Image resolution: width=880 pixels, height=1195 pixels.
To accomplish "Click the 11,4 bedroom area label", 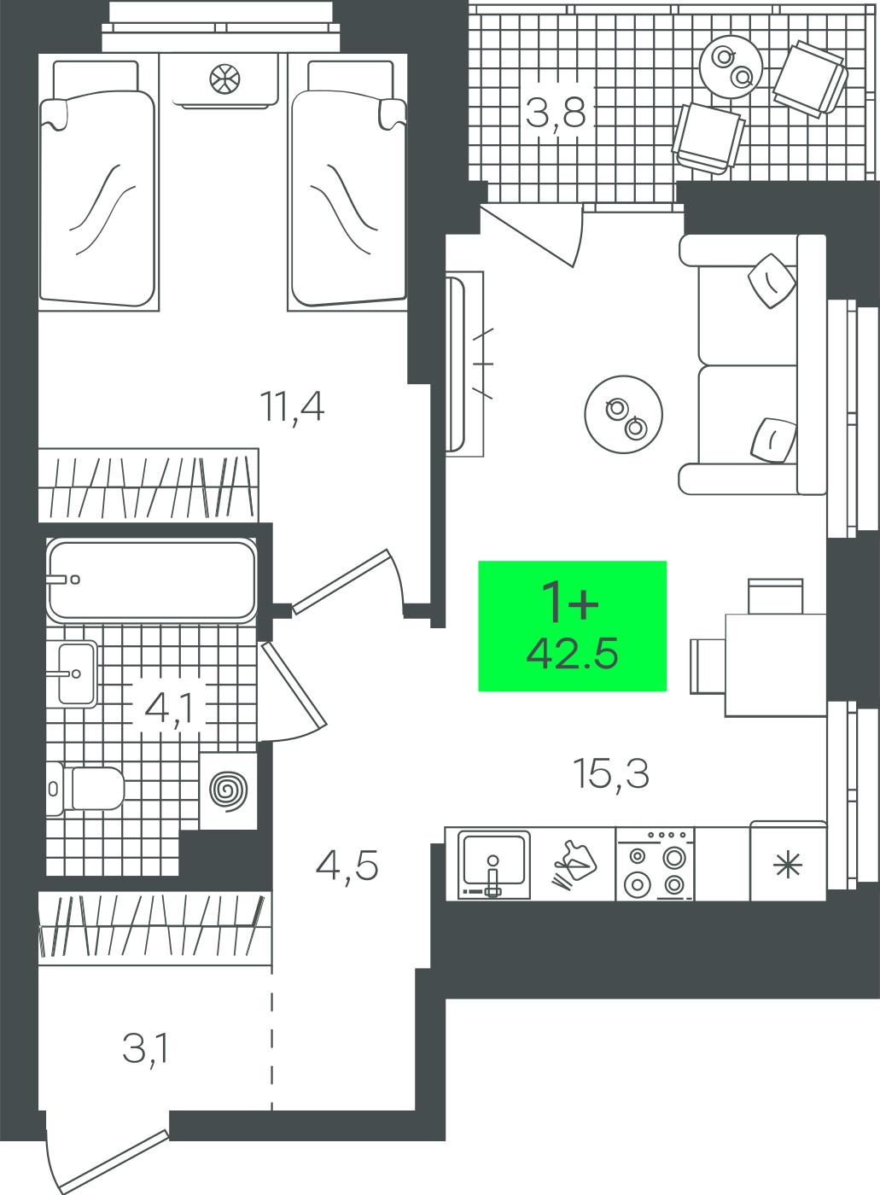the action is coord(292,408).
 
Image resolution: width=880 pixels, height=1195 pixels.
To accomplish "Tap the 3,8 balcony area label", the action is coord(556,113).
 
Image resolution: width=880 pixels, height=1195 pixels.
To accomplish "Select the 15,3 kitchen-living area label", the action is coord(611,774).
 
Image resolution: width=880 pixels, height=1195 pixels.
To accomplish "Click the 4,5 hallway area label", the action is coord(347,866).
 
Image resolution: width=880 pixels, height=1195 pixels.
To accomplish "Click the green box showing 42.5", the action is coord(572,626).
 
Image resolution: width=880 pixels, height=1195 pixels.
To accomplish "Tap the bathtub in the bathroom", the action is coord(152,580).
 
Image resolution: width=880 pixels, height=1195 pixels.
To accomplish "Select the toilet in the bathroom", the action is coord(85,789).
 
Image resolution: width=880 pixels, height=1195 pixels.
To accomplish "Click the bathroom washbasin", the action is coord(78,673).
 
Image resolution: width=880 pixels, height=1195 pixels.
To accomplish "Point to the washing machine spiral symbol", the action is coord(228,790).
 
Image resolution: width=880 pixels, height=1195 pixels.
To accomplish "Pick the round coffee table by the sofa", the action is coord(623,414).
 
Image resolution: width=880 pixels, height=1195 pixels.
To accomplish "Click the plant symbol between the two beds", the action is coord(224,79).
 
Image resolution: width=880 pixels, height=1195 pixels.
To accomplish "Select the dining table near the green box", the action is coord(776,665).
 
